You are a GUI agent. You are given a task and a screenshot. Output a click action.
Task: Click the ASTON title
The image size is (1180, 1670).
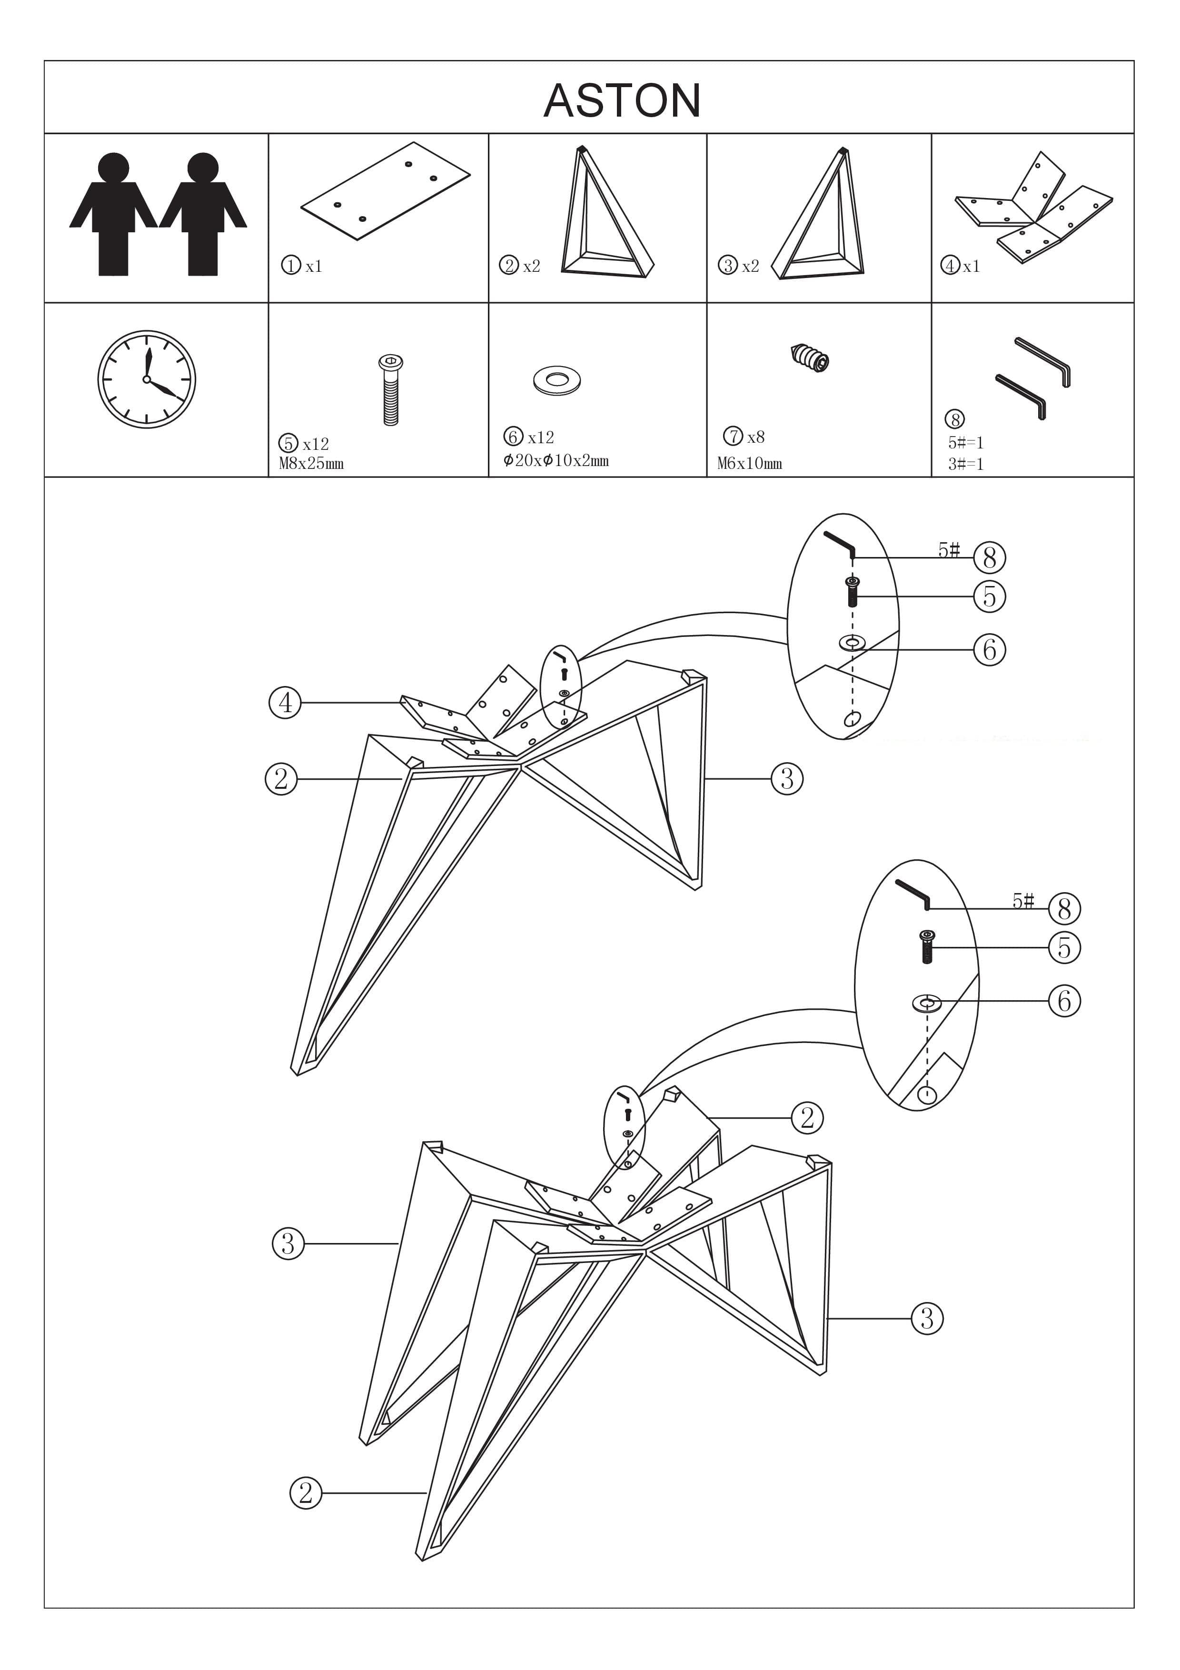tap(622, 100)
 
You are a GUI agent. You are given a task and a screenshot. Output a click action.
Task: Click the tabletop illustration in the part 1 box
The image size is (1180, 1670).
tap(386, 190)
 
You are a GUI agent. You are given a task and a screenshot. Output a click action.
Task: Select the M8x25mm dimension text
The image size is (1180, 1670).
tap(311, 463)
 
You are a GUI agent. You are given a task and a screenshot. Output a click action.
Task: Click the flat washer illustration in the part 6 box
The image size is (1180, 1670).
tap(557, 380)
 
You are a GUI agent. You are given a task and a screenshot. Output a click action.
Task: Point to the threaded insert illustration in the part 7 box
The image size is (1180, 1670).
tap(811, 357)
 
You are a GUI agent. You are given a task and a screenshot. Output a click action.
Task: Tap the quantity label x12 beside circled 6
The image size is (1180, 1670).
tap(541, 437)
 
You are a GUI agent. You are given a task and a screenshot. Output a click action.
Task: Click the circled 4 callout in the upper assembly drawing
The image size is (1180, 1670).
tap(285, 703)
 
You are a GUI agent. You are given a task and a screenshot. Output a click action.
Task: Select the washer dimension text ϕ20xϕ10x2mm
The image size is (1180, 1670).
tap(556, 460)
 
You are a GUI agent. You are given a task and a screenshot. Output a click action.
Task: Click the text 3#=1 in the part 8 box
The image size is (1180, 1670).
tap(965, 463)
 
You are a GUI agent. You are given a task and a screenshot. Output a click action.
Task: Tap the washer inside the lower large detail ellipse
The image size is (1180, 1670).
tap(926, 1004)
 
